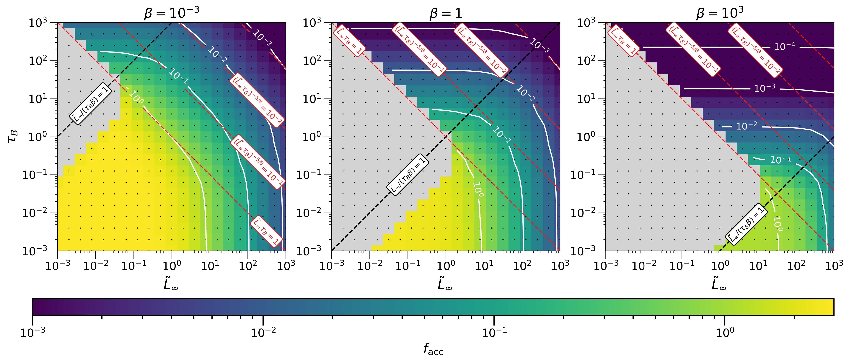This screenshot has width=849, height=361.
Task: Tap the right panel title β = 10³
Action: pos(720,13)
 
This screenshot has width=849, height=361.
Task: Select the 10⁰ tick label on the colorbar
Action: pos(724,333)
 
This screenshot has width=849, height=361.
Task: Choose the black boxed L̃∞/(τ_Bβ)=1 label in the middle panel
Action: pos(408,174)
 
